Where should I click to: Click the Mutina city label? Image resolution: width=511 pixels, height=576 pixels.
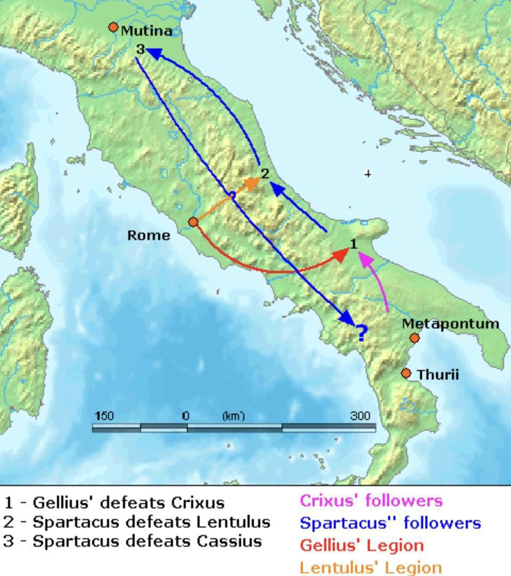pos(146,31)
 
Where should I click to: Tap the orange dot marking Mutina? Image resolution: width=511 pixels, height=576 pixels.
pos(113,27)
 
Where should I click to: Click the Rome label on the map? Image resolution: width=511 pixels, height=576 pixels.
pos(149,235)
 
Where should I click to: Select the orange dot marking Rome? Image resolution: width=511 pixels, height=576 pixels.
pos(194,222)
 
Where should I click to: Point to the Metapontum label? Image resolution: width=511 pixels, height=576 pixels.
pos(450,324)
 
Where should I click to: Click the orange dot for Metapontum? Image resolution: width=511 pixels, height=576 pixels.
pos(415,338)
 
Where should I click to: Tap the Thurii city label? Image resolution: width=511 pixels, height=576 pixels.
pos(438,375)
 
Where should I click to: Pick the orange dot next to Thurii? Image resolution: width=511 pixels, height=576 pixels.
pos(406,374)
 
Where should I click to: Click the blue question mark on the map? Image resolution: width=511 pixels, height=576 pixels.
pos(361,334)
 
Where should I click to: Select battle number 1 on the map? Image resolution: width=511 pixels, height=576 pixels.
pos(353,244)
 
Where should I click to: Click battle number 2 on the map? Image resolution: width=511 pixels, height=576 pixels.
pos(265,174)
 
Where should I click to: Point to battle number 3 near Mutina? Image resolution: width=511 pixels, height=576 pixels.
pos(140,50)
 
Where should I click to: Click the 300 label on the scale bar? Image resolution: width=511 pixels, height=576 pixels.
pos(360,416)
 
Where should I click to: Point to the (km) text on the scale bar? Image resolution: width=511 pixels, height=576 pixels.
pos(233,416)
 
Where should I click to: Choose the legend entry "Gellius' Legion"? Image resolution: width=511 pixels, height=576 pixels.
pos(361,545)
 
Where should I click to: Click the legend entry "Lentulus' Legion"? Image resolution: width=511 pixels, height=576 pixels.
pos(370,567)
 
